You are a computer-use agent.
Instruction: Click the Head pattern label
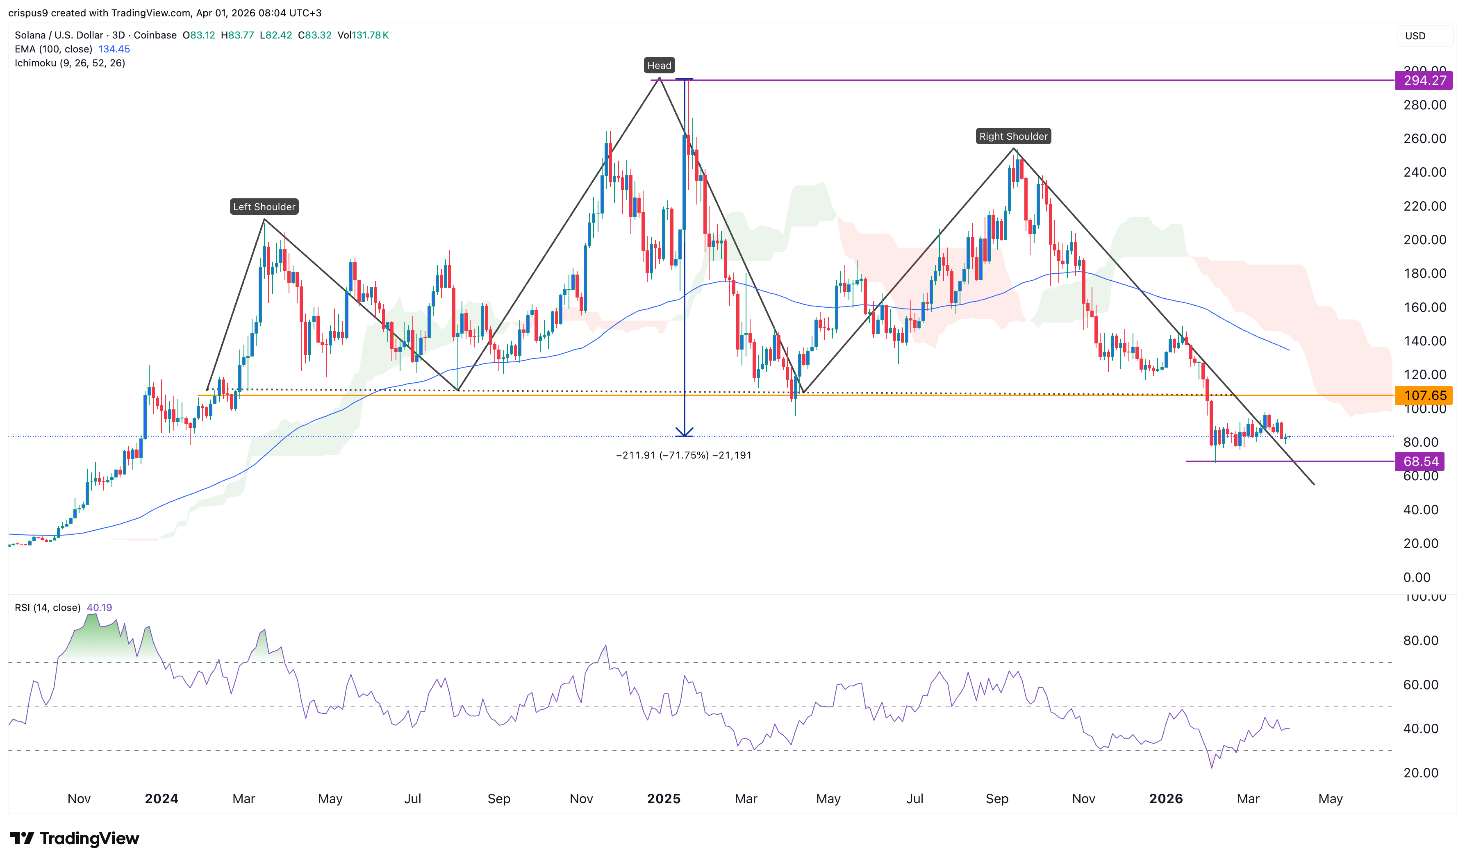tap(659, 66)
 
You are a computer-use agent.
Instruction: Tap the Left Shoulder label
tap(264, 207)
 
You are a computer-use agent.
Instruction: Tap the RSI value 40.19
tap(100, 608)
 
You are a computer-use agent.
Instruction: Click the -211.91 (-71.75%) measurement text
tap(683, 455)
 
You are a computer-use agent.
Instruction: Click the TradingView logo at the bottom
tap(75, 838)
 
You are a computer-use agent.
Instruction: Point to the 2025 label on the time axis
tap(664, 799)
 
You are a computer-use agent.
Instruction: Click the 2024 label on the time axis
tap(162, 799)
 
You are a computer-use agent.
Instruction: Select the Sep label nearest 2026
tap(997, 799)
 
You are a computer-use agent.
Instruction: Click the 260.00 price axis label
tap(1424, 139)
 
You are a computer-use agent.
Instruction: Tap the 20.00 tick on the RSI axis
tap(1420, 773)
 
